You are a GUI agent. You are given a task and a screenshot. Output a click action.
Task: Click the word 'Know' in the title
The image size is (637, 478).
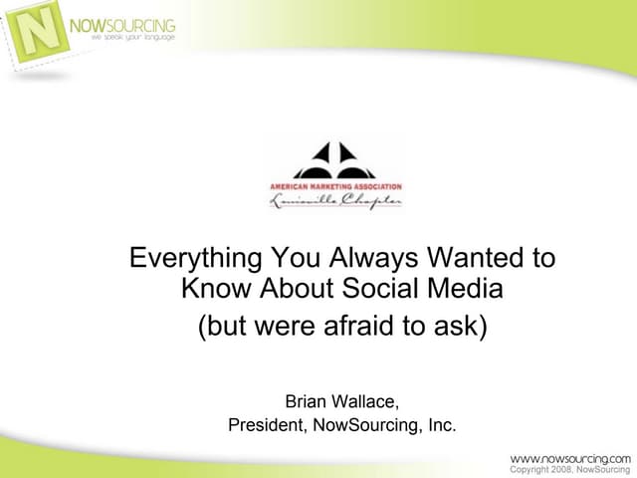tap(215, 291)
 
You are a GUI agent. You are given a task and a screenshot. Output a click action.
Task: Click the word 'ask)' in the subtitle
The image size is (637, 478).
tap(460, 326)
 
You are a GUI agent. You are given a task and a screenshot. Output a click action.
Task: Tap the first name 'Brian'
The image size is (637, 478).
tap(308, 402)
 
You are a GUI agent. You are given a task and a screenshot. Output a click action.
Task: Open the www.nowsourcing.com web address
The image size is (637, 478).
tap(570, 457)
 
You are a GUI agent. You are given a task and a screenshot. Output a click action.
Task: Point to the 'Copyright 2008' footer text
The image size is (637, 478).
tap(541, 469)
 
